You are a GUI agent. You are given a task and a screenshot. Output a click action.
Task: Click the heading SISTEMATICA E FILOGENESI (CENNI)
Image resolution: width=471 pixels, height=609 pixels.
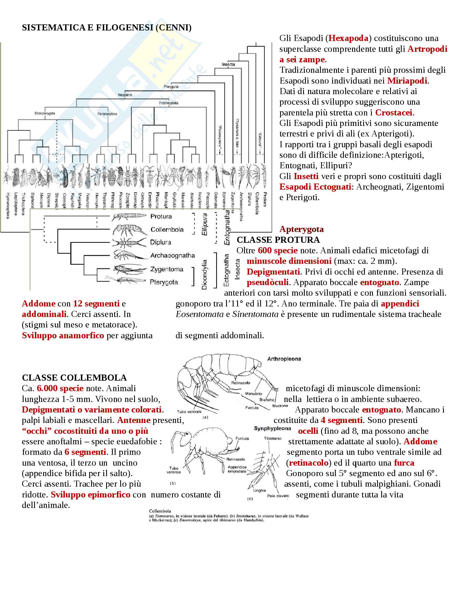(107, 28)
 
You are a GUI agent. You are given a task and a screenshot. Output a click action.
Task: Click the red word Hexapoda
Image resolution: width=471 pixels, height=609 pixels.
(348, 38)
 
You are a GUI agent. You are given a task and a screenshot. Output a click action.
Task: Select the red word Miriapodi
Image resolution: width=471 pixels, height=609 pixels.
(407, 81)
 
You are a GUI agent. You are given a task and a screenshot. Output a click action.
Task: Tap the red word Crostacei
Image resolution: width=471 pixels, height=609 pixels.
(393, 113)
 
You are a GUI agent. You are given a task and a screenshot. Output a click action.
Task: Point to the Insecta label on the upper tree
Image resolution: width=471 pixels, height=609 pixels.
(228, 64)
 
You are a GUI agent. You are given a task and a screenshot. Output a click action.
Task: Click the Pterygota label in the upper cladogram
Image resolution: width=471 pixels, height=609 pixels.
(171, 87)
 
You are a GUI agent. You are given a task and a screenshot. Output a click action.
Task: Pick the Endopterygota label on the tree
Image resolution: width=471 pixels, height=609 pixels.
(45, 113)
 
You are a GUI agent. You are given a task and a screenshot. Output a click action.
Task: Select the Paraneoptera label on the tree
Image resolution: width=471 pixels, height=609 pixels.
(107, 114)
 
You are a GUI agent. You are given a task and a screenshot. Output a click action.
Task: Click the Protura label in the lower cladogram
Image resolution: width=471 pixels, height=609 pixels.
(161, 216)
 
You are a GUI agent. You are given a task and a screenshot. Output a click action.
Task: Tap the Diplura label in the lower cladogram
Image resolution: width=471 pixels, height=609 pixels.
(160, 242)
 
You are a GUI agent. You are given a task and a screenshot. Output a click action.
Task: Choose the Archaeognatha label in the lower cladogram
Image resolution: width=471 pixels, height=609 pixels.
(172, 256)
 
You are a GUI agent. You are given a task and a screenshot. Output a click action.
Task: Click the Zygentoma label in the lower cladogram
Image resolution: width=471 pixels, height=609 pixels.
(167, 269)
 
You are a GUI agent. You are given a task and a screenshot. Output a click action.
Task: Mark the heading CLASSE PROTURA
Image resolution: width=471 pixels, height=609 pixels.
(278, 240)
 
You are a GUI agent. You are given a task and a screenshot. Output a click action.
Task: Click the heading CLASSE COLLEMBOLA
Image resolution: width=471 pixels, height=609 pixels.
(74, 378)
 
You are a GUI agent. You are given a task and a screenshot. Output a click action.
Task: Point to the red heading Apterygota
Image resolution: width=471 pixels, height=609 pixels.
(301, 229)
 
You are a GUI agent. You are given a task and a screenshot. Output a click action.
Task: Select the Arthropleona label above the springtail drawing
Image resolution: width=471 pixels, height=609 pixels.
(284, 359)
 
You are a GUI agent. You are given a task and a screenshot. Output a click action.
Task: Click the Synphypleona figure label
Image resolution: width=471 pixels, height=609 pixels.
(272, 429)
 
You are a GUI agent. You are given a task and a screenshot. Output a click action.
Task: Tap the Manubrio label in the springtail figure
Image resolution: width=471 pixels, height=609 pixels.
(253, 394)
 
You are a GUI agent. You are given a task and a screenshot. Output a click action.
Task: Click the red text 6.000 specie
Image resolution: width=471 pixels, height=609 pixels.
(60, 388)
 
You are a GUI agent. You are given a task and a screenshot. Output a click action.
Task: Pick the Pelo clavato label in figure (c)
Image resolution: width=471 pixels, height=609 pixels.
(278, 496)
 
